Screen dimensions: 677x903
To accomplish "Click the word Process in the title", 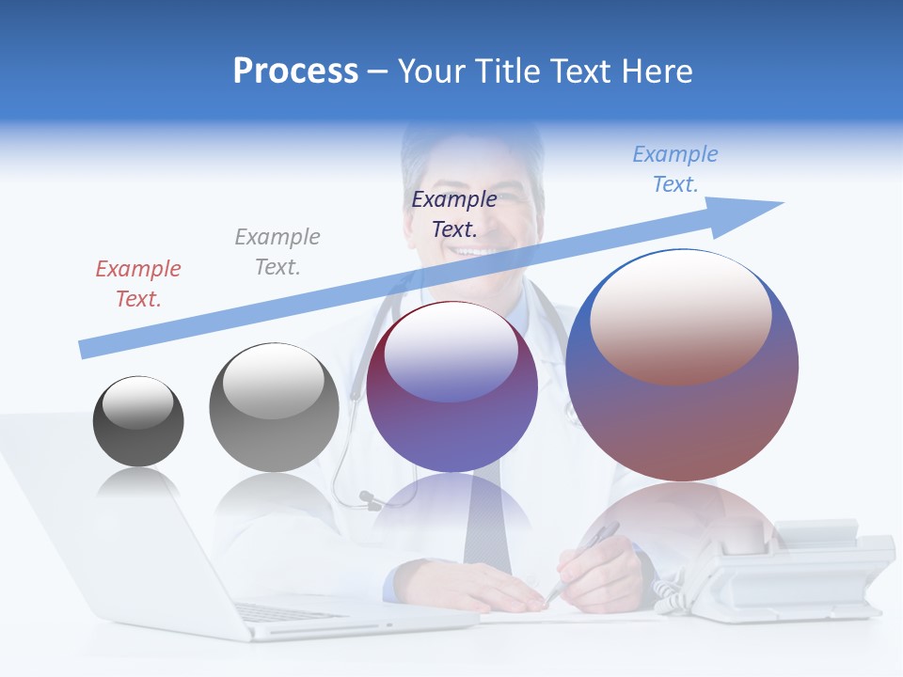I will (x=295, y=71).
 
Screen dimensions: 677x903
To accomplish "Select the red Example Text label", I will (x=138, y=283).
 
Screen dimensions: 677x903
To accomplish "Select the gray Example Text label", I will (x=277, y=251).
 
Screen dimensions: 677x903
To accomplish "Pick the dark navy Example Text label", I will (x=454, y=213).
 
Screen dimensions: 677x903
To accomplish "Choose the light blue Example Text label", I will (x=675, y=169).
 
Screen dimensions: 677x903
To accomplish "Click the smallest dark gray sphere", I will (x=138, y=421).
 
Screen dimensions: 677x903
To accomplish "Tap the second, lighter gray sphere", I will (x=274, y=408).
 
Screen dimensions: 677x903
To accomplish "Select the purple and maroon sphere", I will (x=452, y=387).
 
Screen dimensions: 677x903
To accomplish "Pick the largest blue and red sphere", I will (x=682, y=365).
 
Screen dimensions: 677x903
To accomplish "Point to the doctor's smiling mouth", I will (x=480, y=252).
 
